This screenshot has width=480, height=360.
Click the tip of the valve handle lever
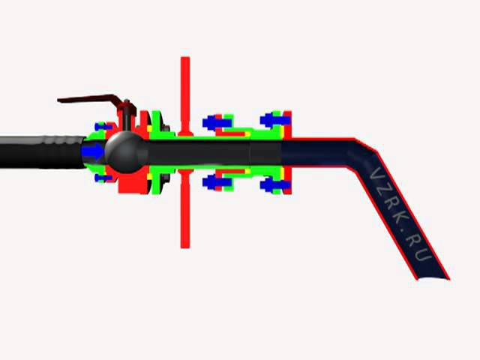pos(58,100)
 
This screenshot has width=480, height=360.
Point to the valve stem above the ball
pos(127,118)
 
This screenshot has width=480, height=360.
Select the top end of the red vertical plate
pos(185,58)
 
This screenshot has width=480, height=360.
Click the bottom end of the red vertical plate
pos(185,247)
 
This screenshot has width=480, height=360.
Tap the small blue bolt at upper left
pos(103,126)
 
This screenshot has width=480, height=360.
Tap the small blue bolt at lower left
pos(103,178)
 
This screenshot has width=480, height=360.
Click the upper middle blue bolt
pos(217,123)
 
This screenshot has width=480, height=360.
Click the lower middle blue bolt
pos(217,183)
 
